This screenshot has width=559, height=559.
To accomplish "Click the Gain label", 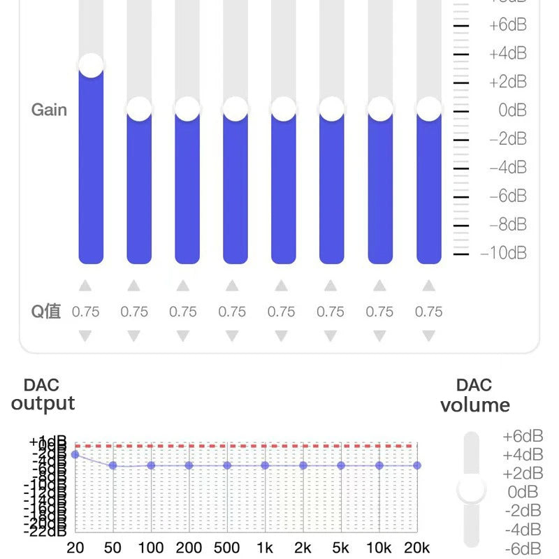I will [49, 110].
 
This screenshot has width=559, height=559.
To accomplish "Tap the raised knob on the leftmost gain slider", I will [91, 65].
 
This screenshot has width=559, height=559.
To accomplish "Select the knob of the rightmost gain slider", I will [428, 109].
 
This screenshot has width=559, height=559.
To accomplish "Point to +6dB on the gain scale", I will [507, 25].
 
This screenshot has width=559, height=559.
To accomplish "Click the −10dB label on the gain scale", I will [504, 253].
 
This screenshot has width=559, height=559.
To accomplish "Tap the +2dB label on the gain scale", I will [507, 82].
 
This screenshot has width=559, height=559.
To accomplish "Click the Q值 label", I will [46, 312].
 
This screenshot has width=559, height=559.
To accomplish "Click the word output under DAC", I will [43, 403].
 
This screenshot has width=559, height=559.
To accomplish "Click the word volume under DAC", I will [474, 405].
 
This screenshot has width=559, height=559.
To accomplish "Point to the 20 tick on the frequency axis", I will [75, 548].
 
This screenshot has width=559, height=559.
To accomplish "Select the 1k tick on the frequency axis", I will [265, 548].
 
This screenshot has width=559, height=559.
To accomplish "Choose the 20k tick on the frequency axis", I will [417, 548].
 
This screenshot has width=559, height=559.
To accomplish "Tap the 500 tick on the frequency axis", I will [226, 548].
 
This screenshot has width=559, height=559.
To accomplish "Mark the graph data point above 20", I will [75, 455].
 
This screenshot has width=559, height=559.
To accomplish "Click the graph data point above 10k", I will [379, 465].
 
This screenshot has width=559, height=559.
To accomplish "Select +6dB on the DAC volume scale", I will [523, 436].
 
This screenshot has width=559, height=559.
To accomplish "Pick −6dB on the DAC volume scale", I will [523, 548].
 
